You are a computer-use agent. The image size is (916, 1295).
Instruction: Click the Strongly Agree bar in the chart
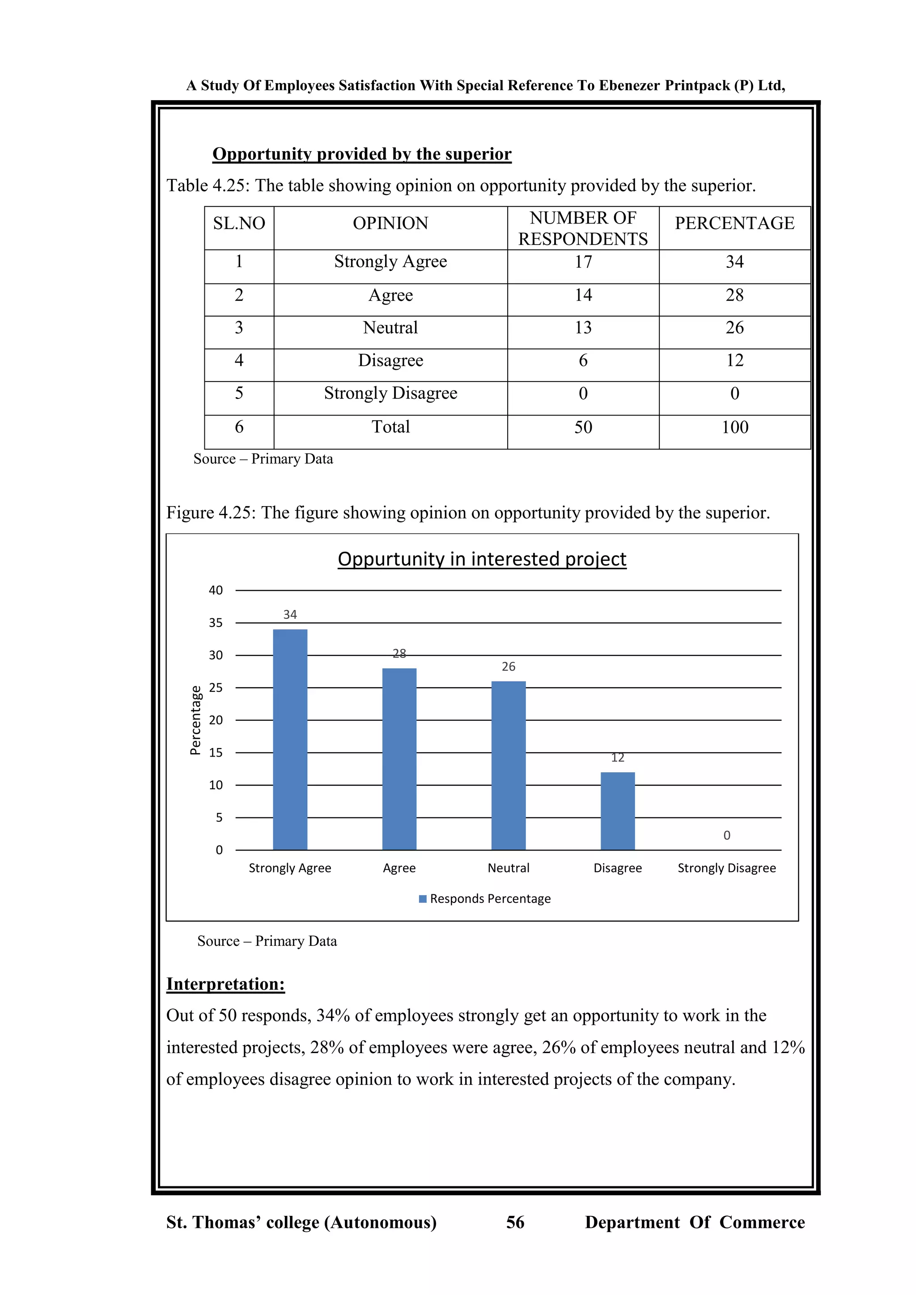[x=290, y=739]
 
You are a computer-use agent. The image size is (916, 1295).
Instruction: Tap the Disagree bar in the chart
[x=618, y=811]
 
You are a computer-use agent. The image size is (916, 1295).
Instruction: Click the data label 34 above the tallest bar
[x=290, y=614]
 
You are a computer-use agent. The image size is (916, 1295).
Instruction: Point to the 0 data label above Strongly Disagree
[x=726, y=835]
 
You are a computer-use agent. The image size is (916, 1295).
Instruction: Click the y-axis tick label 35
[x=216, y=623]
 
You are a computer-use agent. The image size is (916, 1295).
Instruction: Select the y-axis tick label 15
[x=216, y=753]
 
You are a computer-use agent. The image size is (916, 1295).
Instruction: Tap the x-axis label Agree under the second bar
[x=399, y=868]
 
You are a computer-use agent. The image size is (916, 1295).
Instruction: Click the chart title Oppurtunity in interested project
[x=482, y=559]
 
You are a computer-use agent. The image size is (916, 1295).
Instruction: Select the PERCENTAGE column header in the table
[x=734, y=223]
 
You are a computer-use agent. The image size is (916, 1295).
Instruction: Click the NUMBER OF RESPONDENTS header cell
[x=583, y=229]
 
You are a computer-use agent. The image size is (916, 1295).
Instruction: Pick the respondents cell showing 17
[x=583, y=262]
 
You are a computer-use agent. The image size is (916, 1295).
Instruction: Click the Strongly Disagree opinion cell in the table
[x=390, y=393]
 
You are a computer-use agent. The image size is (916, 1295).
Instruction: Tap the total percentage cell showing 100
[x=734, y=427]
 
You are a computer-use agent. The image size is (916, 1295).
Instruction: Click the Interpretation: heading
[x=225, y=984]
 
